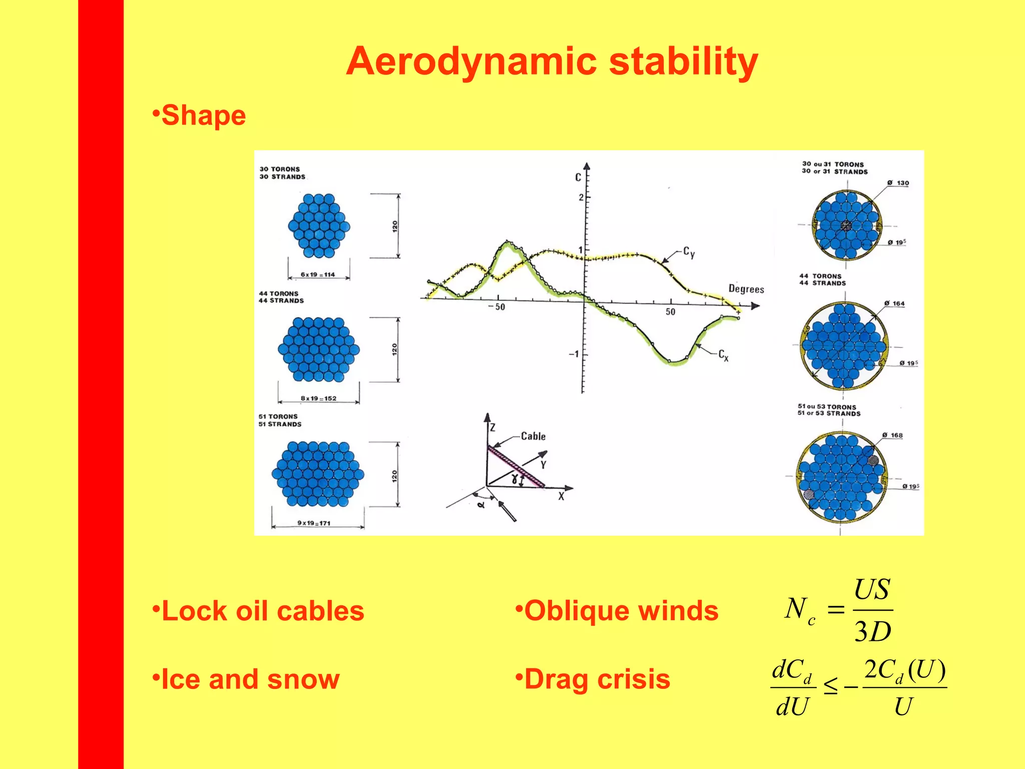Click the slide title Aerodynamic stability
[552, 62]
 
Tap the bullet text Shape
[203, 116]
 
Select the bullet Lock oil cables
[262, 611]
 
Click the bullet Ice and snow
[250, 679]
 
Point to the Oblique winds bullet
[621, 611]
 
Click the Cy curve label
[689, 252]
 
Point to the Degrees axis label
[746, 289]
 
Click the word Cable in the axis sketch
[533, 436]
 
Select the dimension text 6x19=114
[318, 274]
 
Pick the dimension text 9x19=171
[314, 523]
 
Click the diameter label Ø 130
[898, 183]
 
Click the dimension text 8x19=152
[318, 399]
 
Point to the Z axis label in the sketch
[492, 428]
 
